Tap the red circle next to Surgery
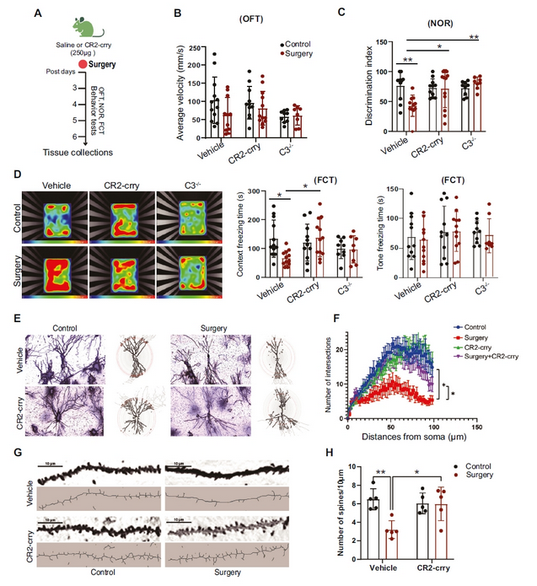pos(60,63)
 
